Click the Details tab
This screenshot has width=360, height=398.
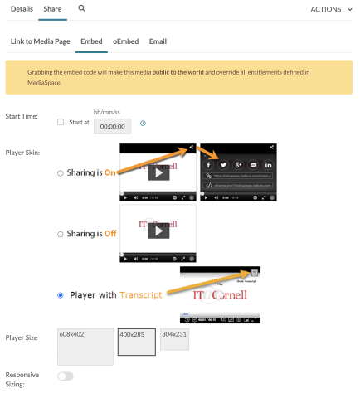[x=22, y=8]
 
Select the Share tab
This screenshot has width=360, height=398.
[x=52, y=8]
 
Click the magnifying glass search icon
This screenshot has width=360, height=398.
[x=81, y=8]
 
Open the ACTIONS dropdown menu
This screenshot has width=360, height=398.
[x=330, y=8]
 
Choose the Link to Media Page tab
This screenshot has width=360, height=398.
[x=40, y=41]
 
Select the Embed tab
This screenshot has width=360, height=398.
[x=91, y=41]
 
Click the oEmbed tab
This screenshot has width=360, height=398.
[x=124, y=41]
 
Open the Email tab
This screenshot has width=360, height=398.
[x=158, y=41]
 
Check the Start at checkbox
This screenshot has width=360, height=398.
[x=60, y=123]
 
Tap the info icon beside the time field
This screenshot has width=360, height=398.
[x=144, y=124]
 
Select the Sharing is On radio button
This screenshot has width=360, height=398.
[x=60, y=172]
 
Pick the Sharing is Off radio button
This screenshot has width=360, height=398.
[x=60, y=235]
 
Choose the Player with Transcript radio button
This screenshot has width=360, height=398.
[x=60, y=294]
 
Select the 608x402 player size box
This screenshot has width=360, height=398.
[x=85, y=347]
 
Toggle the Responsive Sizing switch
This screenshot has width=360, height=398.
[x=65, y=376]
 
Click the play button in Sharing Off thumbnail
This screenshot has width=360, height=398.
[x=158, y=231]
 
